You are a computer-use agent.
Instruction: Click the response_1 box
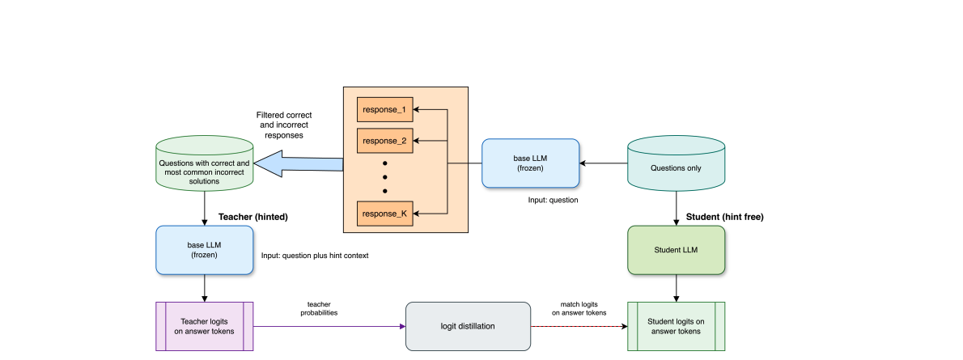point(384,108)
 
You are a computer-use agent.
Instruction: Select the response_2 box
point(384,141)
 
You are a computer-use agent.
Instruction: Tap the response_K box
point(384,214)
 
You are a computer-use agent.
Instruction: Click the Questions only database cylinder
point(677,164)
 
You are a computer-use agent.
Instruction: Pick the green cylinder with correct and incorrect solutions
point(204,166)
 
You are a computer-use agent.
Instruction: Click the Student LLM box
point(677,250)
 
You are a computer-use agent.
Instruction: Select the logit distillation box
point(468,326)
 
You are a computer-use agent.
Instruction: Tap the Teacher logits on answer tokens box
point(204,326)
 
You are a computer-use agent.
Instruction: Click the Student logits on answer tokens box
point(677,326)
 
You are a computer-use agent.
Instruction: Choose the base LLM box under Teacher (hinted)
point(204,250)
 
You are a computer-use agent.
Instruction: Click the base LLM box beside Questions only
point(530,163)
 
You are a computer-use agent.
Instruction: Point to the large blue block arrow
point(299,165)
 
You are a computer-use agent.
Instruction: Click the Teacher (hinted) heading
point(253,217)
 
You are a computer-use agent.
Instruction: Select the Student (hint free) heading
point(724,217)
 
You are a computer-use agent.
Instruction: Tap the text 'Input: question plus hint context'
point(315,256)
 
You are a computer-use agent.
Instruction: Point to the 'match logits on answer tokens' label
point(579,307)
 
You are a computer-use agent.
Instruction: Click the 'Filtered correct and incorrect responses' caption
point(283,125)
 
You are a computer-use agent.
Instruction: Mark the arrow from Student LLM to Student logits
point(677,288)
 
